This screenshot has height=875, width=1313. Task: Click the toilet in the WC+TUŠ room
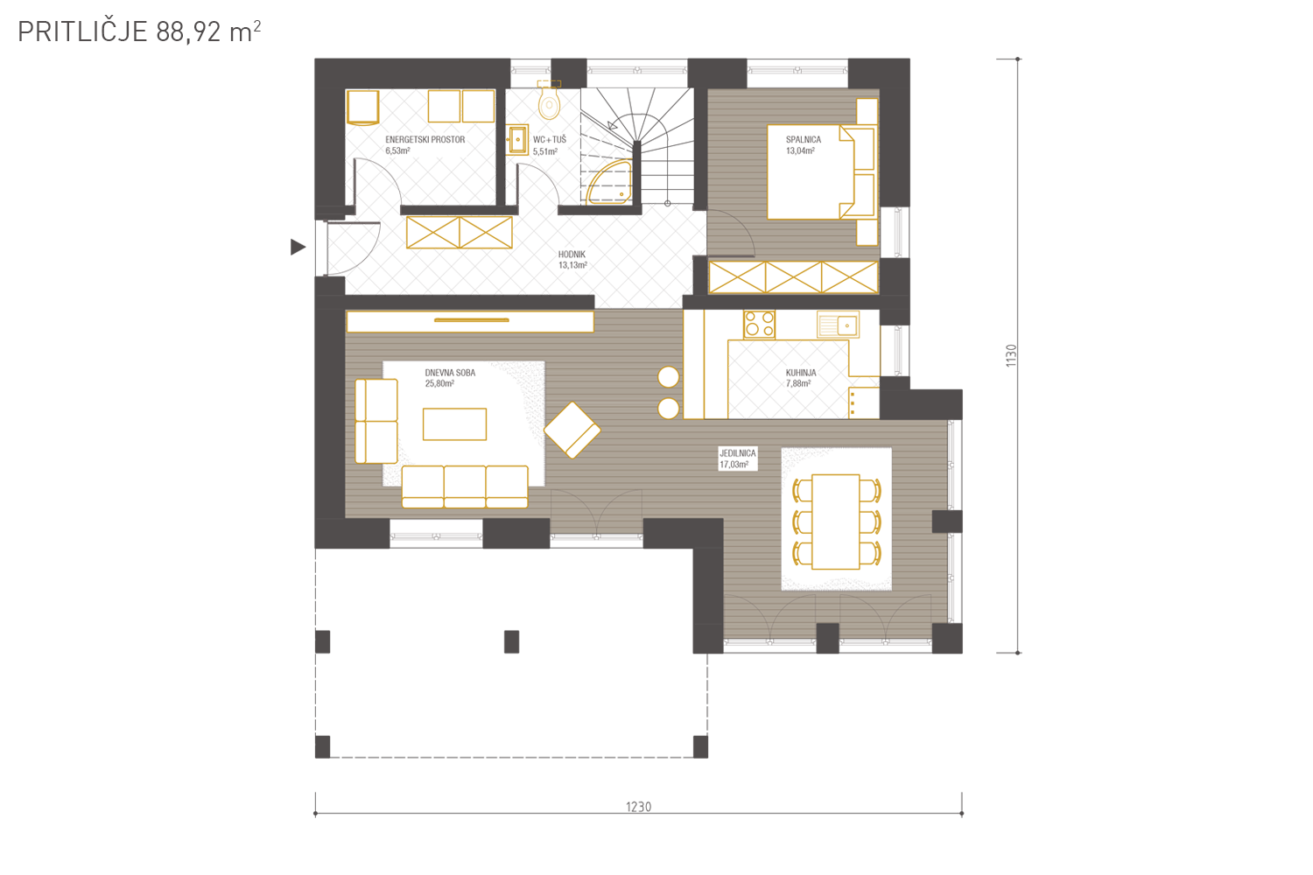click(549, 101)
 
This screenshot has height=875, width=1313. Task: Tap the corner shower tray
click(609, 184)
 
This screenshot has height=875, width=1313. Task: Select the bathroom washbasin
click(517, 139)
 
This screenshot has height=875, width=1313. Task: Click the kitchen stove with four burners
click(759, 325)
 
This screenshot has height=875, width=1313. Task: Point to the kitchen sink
click(839, 325)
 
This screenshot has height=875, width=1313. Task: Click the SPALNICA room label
click(803, 139)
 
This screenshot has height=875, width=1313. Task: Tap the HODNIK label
click(572, 255)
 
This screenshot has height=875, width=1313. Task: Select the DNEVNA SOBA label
click(450, 373)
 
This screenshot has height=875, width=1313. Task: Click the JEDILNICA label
click(737, 453)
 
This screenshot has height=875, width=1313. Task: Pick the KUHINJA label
click(801, 373)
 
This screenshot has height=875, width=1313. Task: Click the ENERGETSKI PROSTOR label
click(425, 139)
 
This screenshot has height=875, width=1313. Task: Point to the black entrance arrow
click(298, 248)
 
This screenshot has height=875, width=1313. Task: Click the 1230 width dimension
click(638, 807)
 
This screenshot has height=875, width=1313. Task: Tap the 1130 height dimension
click(1010, 356)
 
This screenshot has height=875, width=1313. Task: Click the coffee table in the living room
click(455, 424)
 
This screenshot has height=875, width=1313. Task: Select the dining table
click(836, 522)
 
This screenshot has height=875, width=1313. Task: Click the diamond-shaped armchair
click(572, 430)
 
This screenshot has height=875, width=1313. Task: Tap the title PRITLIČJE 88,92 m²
click(139, 31)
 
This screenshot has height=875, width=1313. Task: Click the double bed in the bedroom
click(821, 172)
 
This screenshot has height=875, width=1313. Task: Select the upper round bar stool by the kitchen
click(668, 377)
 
